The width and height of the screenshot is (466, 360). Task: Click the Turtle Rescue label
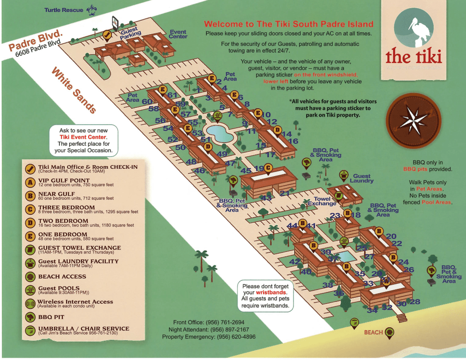point(64,10)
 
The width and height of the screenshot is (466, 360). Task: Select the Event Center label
point(178,35)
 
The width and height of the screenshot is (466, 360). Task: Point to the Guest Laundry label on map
point(362,178)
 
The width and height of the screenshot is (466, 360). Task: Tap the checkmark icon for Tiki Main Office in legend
point(30,169)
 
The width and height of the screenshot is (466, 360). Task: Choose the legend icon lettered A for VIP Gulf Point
point(30,183)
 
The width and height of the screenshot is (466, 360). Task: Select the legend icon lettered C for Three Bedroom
point(30,209)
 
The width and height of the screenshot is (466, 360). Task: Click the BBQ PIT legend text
point(51,317)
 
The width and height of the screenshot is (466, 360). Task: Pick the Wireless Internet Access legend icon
point(30,304)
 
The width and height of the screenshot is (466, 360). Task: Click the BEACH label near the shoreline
point(373,333)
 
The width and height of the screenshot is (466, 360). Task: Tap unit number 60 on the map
point(147,102)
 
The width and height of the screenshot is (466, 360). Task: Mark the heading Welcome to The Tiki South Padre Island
point(289,25)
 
